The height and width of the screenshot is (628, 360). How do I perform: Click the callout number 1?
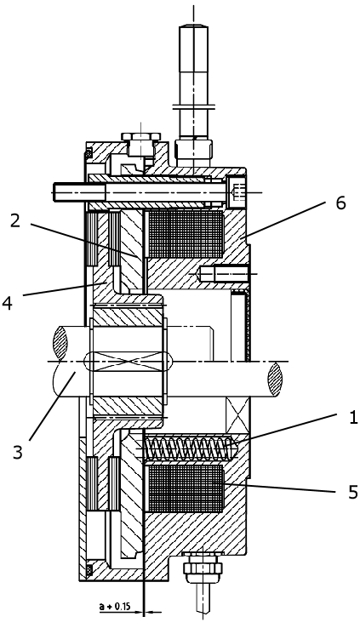[352, 418]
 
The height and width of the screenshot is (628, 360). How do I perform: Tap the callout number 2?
[15, 220]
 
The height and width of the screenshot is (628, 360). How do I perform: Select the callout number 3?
[18, 452]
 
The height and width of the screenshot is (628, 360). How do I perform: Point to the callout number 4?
[7, 303]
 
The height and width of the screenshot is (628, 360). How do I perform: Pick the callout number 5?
[352, 492]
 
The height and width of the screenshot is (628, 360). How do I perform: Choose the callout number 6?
[340, 203]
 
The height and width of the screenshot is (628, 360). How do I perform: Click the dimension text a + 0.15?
[115, 607]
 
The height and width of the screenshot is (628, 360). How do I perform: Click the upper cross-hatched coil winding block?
[186, 234]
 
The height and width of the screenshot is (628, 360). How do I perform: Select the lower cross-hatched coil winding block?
[186, 488]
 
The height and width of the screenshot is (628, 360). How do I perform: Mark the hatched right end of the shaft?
[275, 379]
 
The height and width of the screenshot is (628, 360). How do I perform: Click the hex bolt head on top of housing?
[141, 144]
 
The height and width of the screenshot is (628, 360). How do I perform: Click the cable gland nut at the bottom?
[203, 567]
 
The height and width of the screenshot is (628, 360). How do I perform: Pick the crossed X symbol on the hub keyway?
[128, 362]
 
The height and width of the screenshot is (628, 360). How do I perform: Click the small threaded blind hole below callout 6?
[224, 274]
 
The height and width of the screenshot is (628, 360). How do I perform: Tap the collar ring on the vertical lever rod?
[194, 107]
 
